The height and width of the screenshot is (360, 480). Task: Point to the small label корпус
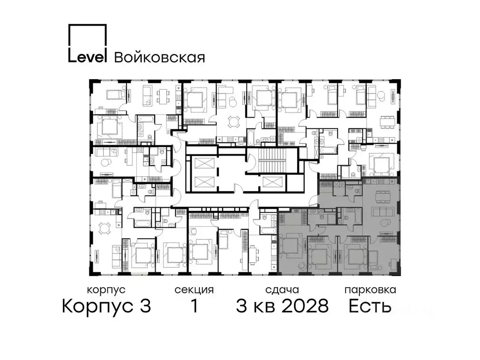106,290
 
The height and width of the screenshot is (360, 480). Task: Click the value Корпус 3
106,307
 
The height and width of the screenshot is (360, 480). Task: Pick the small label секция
194,290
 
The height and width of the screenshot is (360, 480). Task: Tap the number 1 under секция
194,307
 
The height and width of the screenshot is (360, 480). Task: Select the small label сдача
281,290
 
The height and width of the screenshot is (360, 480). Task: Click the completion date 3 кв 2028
282,307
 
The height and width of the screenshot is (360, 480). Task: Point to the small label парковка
370,290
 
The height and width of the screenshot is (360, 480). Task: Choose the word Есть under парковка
370,307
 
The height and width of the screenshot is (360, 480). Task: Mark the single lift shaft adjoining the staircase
273,182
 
